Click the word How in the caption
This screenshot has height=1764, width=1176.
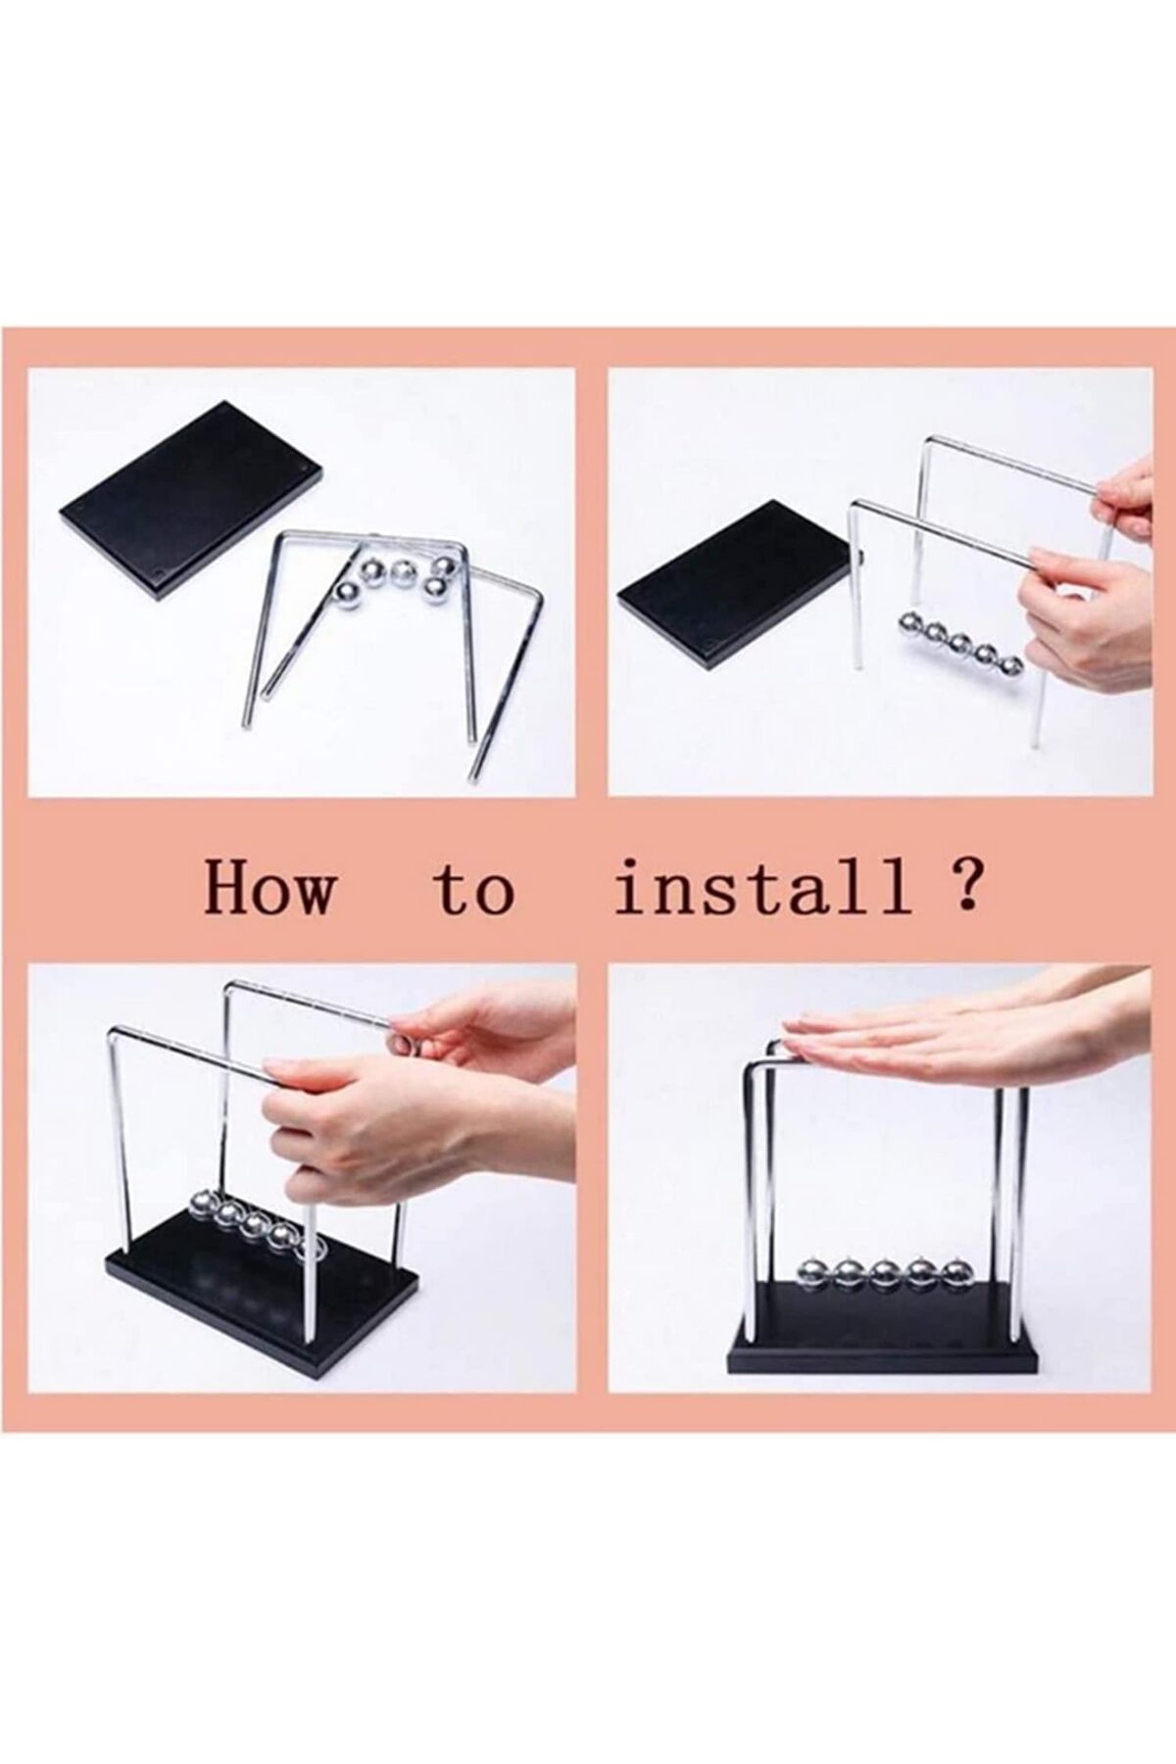(268, 889)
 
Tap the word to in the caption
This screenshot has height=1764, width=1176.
(474, 891)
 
